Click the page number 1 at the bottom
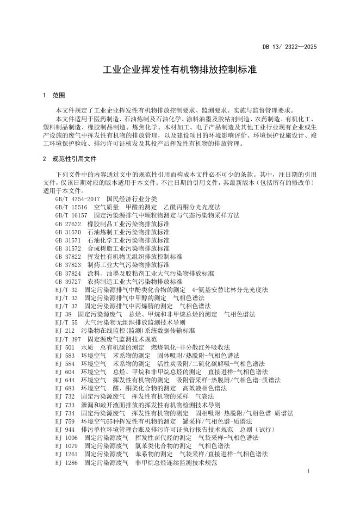pyautogui.click(x=308, y=471)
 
